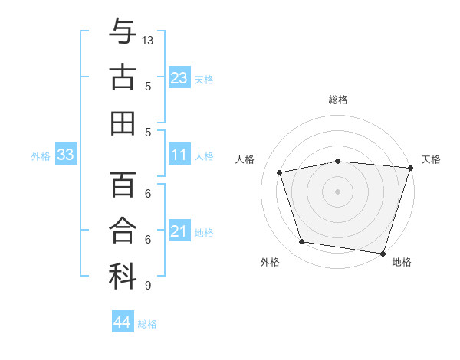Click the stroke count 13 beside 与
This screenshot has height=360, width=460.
149,39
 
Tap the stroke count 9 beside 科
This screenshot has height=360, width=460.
147,286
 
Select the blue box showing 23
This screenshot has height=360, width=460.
179,77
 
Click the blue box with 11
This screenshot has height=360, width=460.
179,155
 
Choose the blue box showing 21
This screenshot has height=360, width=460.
179,231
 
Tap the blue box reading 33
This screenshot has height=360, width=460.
65,155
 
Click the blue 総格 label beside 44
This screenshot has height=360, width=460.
147,324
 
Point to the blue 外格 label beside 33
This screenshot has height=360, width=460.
41,156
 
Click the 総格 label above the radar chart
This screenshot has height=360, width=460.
337,100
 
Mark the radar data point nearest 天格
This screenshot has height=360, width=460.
409,168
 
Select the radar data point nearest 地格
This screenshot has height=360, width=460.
382,252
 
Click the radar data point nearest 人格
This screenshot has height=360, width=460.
280,172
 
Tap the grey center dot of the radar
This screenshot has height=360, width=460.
337,191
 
